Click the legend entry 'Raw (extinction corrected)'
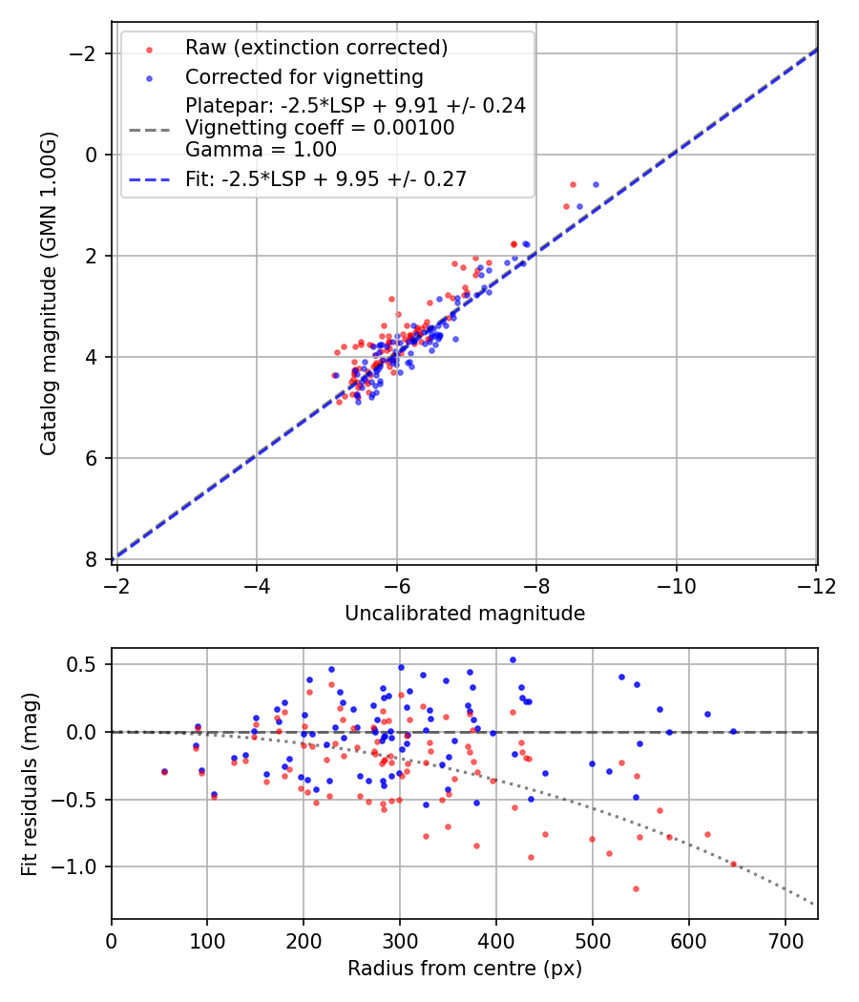click(x=316, y=48)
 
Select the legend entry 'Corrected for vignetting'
click(x=304, y=76)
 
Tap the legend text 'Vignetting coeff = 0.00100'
click(x=320, y=127)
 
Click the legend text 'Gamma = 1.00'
click(x=261, y=149)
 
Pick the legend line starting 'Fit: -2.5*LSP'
click(x=325, y=179)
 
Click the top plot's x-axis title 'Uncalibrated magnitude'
click(x=465, y=614)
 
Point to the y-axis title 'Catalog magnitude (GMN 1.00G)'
click(x=50, y=294)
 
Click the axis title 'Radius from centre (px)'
click(x=465, y=969)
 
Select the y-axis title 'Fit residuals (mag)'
click(x=31, y=783)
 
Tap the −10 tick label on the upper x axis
click(x=676, y=584)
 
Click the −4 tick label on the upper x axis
click(x=256, y=584)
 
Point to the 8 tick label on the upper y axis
click(x=93, y=559)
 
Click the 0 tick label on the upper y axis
click(x=93, y=155)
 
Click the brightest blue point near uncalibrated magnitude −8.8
click(x=596, y=184)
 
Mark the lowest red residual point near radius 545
click(x=636, y=888)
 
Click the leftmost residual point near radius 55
click(x=164, y=771)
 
